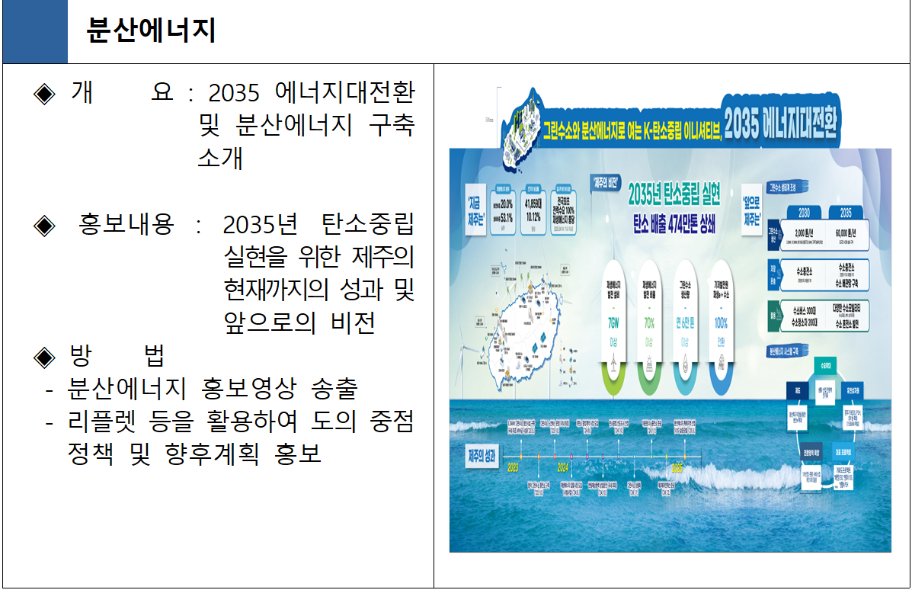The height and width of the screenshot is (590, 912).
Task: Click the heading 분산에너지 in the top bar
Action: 152,30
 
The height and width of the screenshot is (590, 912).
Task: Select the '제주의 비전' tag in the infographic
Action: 605,183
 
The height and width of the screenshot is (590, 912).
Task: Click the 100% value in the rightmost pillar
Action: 721,322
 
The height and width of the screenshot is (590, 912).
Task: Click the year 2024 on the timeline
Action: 563,467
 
